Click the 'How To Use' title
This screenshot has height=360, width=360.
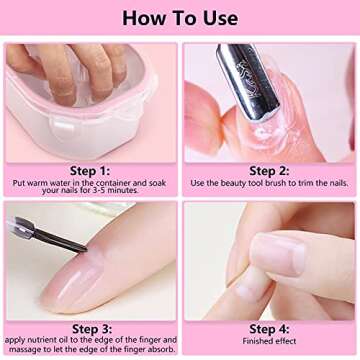[180, 18]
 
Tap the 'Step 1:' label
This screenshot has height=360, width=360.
[89, 170]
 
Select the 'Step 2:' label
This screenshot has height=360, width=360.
[269, 170]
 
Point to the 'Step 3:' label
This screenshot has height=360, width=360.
[89, 328]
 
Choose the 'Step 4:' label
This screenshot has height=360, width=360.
[269, 328]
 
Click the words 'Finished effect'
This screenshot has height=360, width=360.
[269, 341]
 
